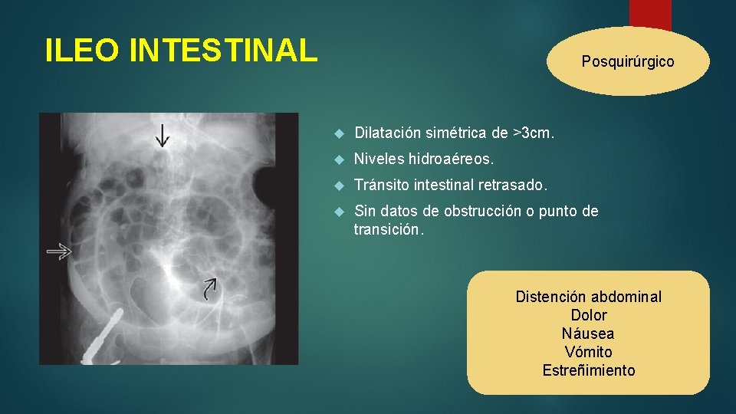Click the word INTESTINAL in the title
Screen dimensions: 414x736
[x=223, y=51]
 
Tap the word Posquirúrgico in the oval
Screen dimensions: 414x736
[x=628, y=61]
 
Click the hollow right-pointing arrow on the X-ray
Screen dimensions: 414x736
[x=58, y=251]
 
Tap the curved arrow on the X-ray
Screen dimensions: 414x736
[x=209, y=288]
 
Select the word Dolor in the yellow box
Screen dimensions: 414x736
[x=588, y=315]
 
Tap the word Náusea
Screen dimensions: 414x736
[x=588, y=333]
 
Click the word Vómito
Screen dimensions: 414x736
[x=588, y=352]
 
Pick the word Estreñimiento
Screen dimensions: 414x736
[x=588, y=370]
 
